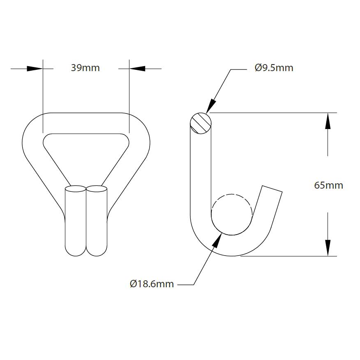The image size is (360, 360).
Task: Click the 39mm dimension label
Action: click(x=85, y=68)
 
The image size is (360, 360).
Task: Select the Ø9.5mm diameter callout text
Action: click(x=274, y=68)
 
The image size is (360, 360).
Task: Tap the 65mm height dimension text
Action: click(x=328, y=185)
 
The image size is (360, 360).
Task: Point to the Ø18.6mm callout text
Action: click(x=152, y=284)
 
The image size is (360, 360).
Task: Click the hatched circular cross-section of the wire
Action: click(x=201, y=123)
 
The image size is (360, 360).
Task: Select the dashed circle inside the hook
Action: click(x=231, y=214)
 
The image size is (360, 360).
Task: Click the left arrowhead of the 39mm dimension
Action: click(x=35, y=69)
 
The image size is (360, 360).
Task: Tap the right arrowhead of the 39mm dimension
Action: click(x=137, y=69)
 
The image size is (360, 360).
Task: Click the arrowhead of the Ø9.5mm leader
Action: click(x=212, y=106)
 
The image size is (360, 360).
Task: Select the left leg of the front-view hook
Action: click(x=76, y=222)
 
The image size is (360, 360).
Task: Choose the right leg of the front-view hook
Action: click(x=97, y=222)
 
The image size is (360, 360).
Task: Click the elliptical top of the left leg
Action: click(x=76, y=189)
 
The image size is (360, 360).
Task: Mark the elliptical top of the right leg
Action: click(x=97, y=189)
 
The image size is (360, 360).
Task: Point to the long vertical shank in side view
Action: click(x=201, y=173)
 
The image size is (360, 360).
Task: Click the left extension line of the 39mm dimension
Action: click(x=42, y=90)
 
